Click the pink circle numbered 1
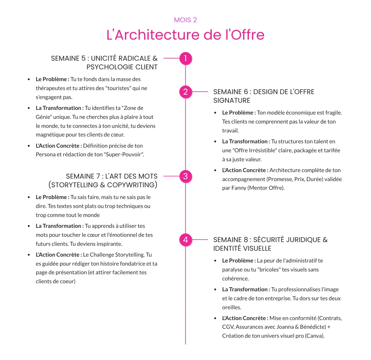click(x=185, y=59)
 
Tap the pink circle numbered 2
click(x=185, y=92)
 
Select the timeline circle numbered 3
click(x=185, y=176)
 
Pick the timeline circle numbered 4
click(x=185, y=240)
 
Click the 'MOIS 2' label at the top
click(x=185, y=20)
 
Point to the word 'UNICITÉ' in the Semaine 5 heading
click(x=104, y=59)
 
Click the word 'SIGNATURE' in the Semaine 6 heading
click(x=232, y=101)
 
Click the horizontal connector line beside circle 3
click(x=171, y=176)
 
